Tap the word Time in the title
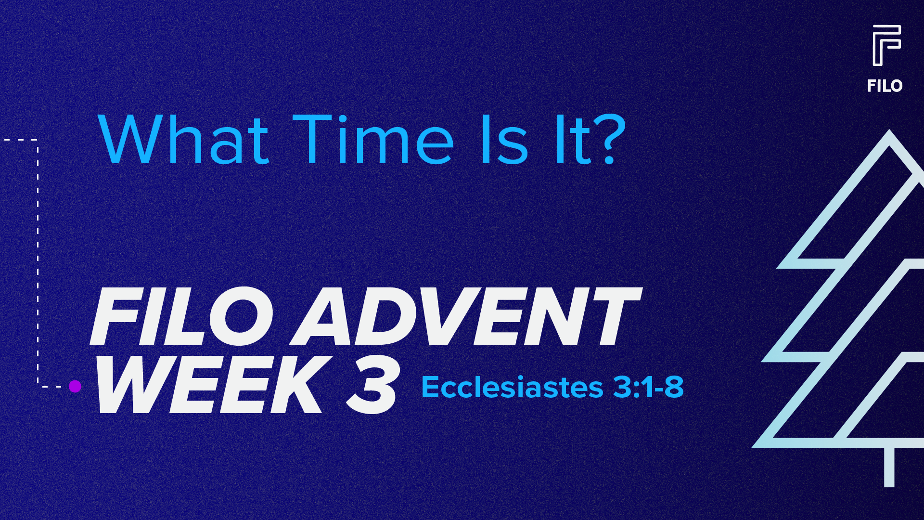tap(373, 140)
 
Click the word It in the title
tap(573, 140)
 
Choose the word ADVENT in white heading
tap(467, 316)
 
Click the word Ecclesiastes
tap(512, 387)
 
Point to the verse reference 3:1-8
tap(648, 387)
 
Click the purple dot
tap(75, 386)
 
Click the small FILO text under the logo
tap(885, 86)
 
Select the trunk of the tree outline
tap(889, 467)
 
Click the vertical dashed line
tap(38, 262)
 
